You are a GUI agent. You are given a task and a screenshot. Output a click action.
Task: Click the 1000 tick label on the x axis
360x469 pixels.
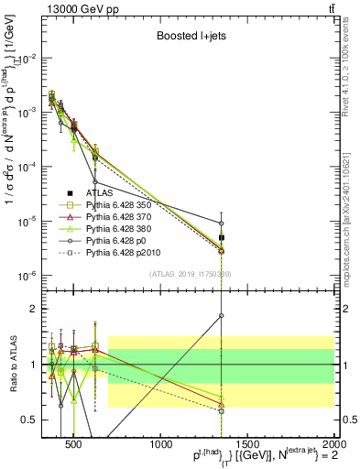(x=160, y=438)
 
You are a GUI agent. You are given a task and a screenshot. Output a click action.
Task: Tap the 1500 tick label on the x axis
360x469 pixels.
(x=248, y=438)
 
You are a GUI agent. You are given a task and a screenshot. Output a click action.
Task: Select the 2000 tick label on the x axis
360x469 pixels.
(x=333, y=438)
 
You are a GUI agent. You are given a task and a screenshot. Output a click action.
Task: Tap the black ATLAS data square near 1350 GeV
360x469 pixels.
(x=222, y=237)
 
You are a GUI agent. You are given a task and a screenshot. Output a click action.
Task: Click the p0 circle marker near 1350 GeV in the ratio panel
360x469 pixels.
(x=222, y=316)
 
